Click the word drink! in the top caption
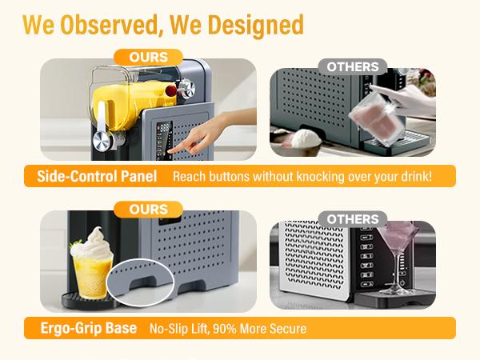[x=414, y=176]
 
